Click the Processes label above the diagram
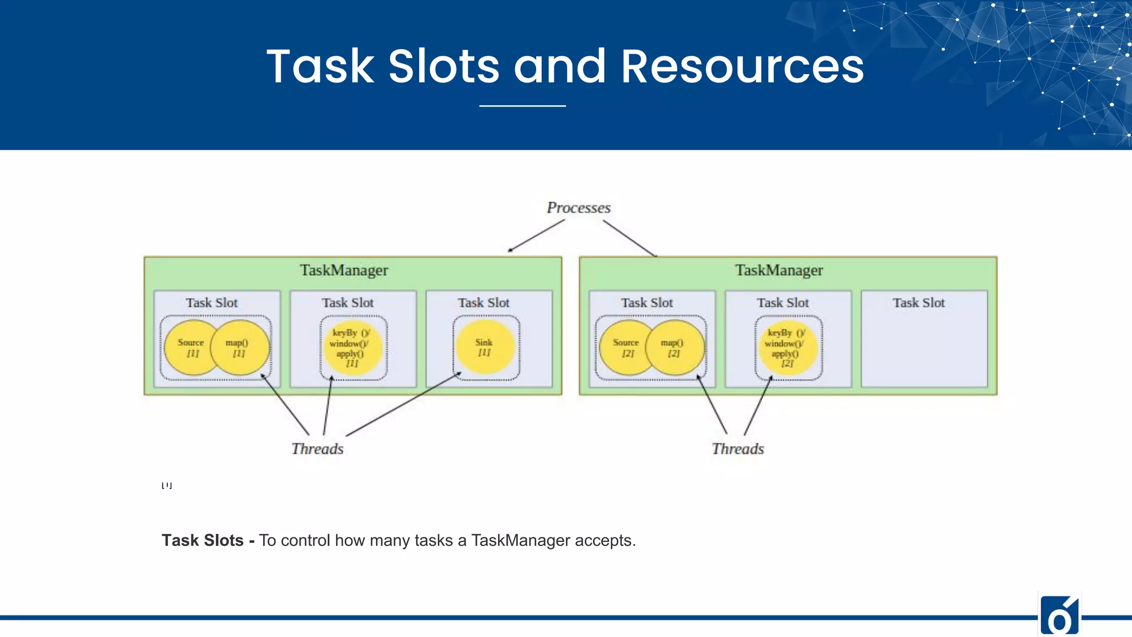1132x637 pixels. [578, 208]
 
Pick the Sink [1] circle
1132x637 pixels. [485, 347]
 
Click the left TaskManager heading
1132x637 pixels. [344, 270]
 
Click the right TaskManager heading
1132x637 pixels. [779, 270]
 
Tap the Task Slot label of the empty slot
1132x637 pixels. [919, 303]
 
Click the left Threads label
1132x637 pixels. [317, 449]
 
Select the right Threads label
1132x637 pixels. [738, 449]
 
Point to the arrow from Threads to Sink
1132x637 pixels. [403, 404]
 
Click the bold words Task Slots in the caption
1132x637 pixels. [202, 540]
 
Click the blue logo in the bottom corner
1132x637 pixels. [1059, 615]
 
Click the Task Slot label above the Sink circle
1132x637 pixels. [484, 303]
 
